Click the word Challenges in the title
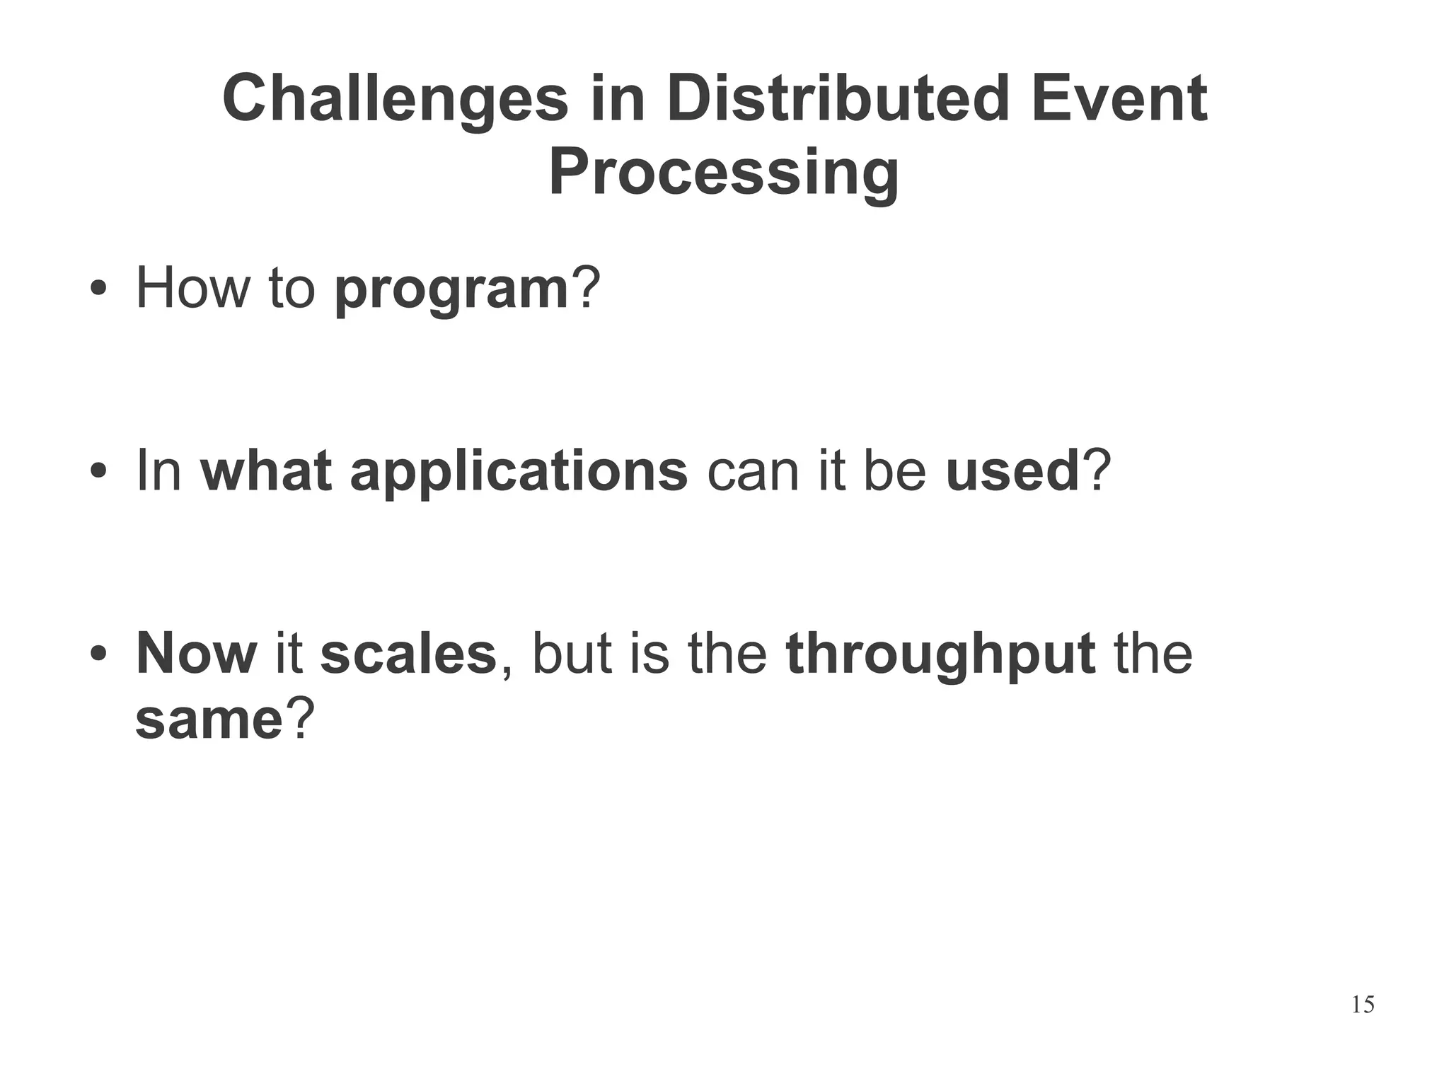(395, 100)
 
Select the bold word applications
(519, 473)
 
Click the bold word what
(266, 471)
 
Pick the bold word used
(1012, 471)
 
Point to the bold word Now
(196, 653)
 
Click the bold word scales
(408, 653)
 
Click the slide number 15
(1362, 1005)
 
